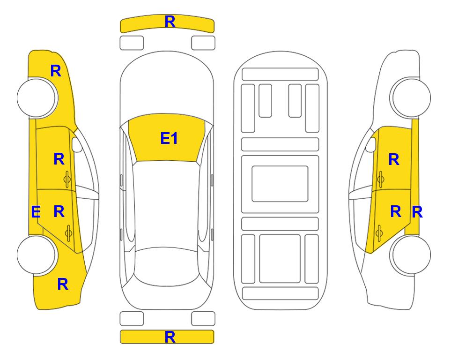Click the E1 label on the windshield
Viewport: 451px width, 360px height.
(x=169, y=138)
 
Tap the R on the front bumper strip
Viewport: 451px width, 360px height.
(x=170, y=22)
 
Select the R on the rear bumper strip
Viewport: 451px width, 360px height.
(x=170, y=337)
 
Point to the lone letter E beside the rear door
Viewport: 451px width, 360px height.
(x=36, y=212)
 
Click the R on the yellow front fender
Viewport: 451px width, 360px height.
(x=56, y=71)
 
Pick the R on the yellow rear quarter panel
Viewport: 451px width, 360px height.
(x=63, y=284)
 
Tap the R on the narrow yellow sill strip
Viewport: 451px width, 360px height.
(x=417, y=212)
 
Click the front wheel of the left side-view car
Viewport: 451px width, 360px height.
(x=37, y=97)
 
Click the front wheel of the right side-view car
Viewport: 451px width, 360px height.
(x=411, y=97)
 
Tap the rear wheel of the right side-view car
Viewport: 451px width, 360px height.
(x=411, y=255)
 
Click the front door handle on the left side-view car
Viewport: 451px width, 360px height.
(x=67, y=180)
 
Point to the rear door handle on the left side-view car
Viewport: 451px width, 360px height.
(x=68, y=233)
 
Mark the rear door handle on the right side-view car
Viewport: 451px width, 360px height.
(x=379, y=233)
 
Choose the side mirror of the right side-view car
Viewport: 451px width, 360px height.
(x=371, y=145)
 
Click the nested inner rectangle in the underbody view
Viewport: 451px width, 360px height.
(x=280, y=184)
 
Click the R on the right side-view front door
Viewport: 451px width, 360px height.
(x=394, y=159)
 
